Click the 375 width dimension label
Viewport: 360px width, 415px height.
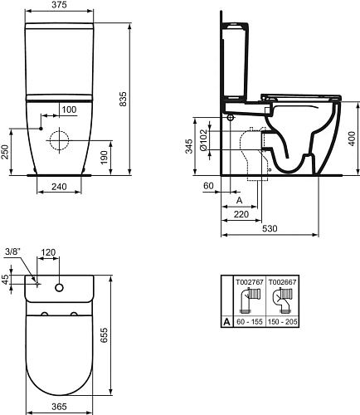59,5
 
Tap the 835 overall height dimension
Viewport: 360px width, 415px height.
123,99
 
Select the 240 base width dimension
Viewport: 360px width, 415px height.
59,187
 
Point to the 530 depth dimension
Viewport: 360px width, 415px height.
270,228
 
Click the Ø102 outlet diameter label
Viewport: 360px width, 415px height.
203,140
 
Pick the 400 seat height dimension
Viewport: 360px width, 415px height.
352,139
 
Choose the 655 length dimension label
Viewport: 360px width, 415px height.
104,335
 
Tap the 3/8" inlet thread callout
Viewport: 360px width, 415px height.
13,251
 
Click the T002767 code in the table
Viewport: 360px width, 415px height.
250,282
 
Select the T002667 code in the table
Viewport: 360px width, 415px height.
283,282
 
